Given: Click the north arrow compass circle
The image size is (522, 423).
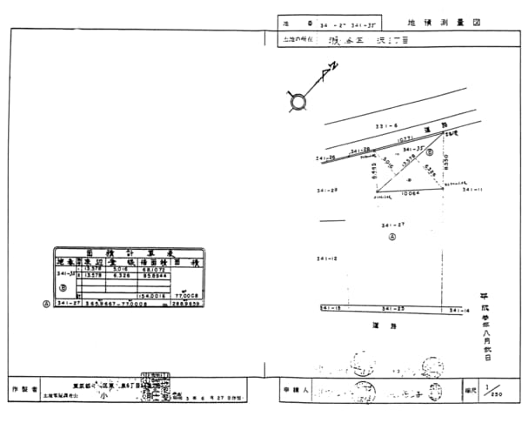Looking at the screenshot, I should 298,102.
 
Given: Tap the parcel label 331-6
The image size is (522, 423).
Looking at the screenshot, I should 385,127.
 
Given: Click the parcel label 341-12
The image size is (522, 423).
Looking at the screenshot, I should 327,259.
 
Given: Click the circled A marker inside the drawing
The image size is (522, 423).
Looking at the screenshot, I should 392,236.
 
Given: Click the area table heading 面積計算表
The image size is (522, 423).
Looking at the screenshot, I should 129,251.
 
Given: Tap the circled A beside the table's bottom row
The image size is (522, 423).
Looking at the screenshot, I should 45,304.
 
